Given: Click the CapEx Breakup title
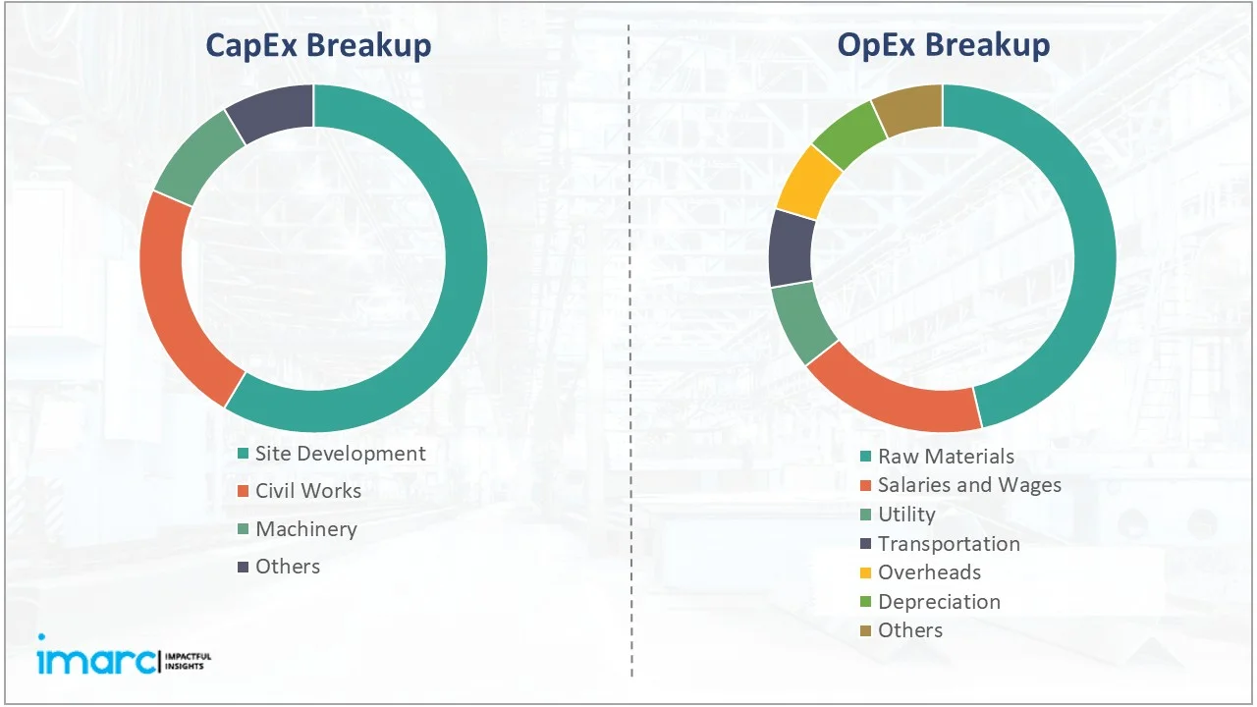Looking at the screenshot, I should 317,45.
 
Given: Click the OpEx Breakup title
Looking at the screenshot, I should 943,45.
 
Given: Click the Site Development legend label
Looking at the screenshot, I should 340,454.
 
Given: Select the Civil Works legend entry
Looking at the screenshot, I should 307,491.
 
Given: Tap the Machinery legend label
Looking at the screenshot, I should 305,529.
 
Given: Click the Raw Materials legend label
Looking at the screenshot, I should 946,457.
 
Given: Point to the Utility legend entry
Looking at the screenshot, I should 906,515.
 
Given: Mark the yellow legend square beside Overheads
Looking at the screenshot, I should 865,572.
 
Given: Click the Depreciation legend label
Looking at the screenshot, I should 939,602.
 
